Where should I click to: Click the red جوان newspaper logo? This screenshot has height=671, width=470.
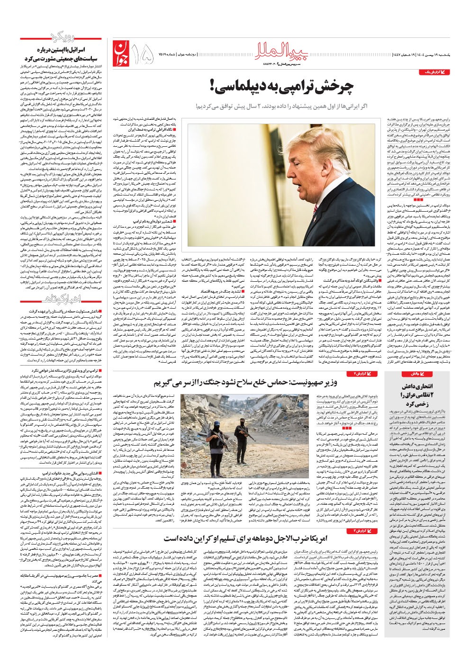pos(120,52)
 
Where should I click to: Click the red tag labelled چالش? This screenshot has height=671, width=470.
pos(408,374)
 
